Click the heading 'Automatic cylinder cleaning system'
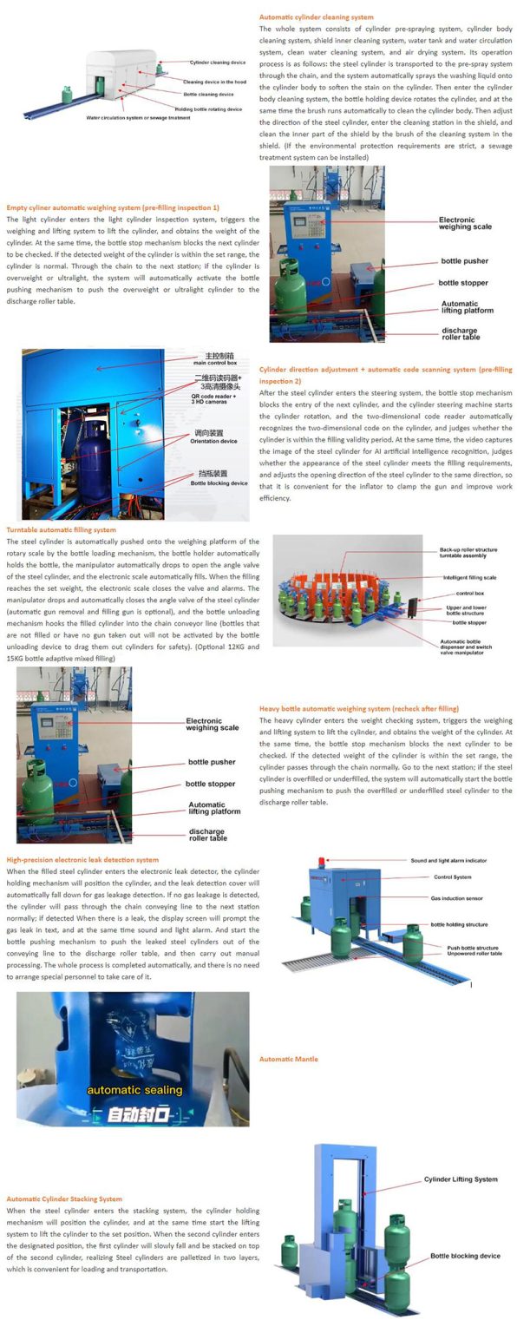pyautogui.click(x=316, y=16)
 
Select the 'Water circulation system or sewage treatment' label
pyautogui.click(x=138, y=117)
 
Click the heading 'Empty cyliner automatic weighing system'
pyautogui.click(x=112, y=207)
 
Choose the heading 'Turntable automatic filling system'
pyautogui.click(x=61, y=529)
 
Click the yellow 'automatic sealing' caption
pyautogui.click(x=134, y=1089)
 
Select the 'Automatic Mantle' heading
pyautogui.click(x=288, y=1059)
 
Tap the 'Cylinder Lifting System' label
pyautogui.click(x=460, y=1179)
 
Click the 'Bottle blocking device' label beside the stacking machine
pyautogui.click(x=465, y=1256)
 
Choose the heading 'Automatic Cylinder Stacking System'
pyautogui.click(x=64, y=1198)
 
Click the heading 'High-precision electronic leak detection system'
pyautogui.click(x=82, y=859)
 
